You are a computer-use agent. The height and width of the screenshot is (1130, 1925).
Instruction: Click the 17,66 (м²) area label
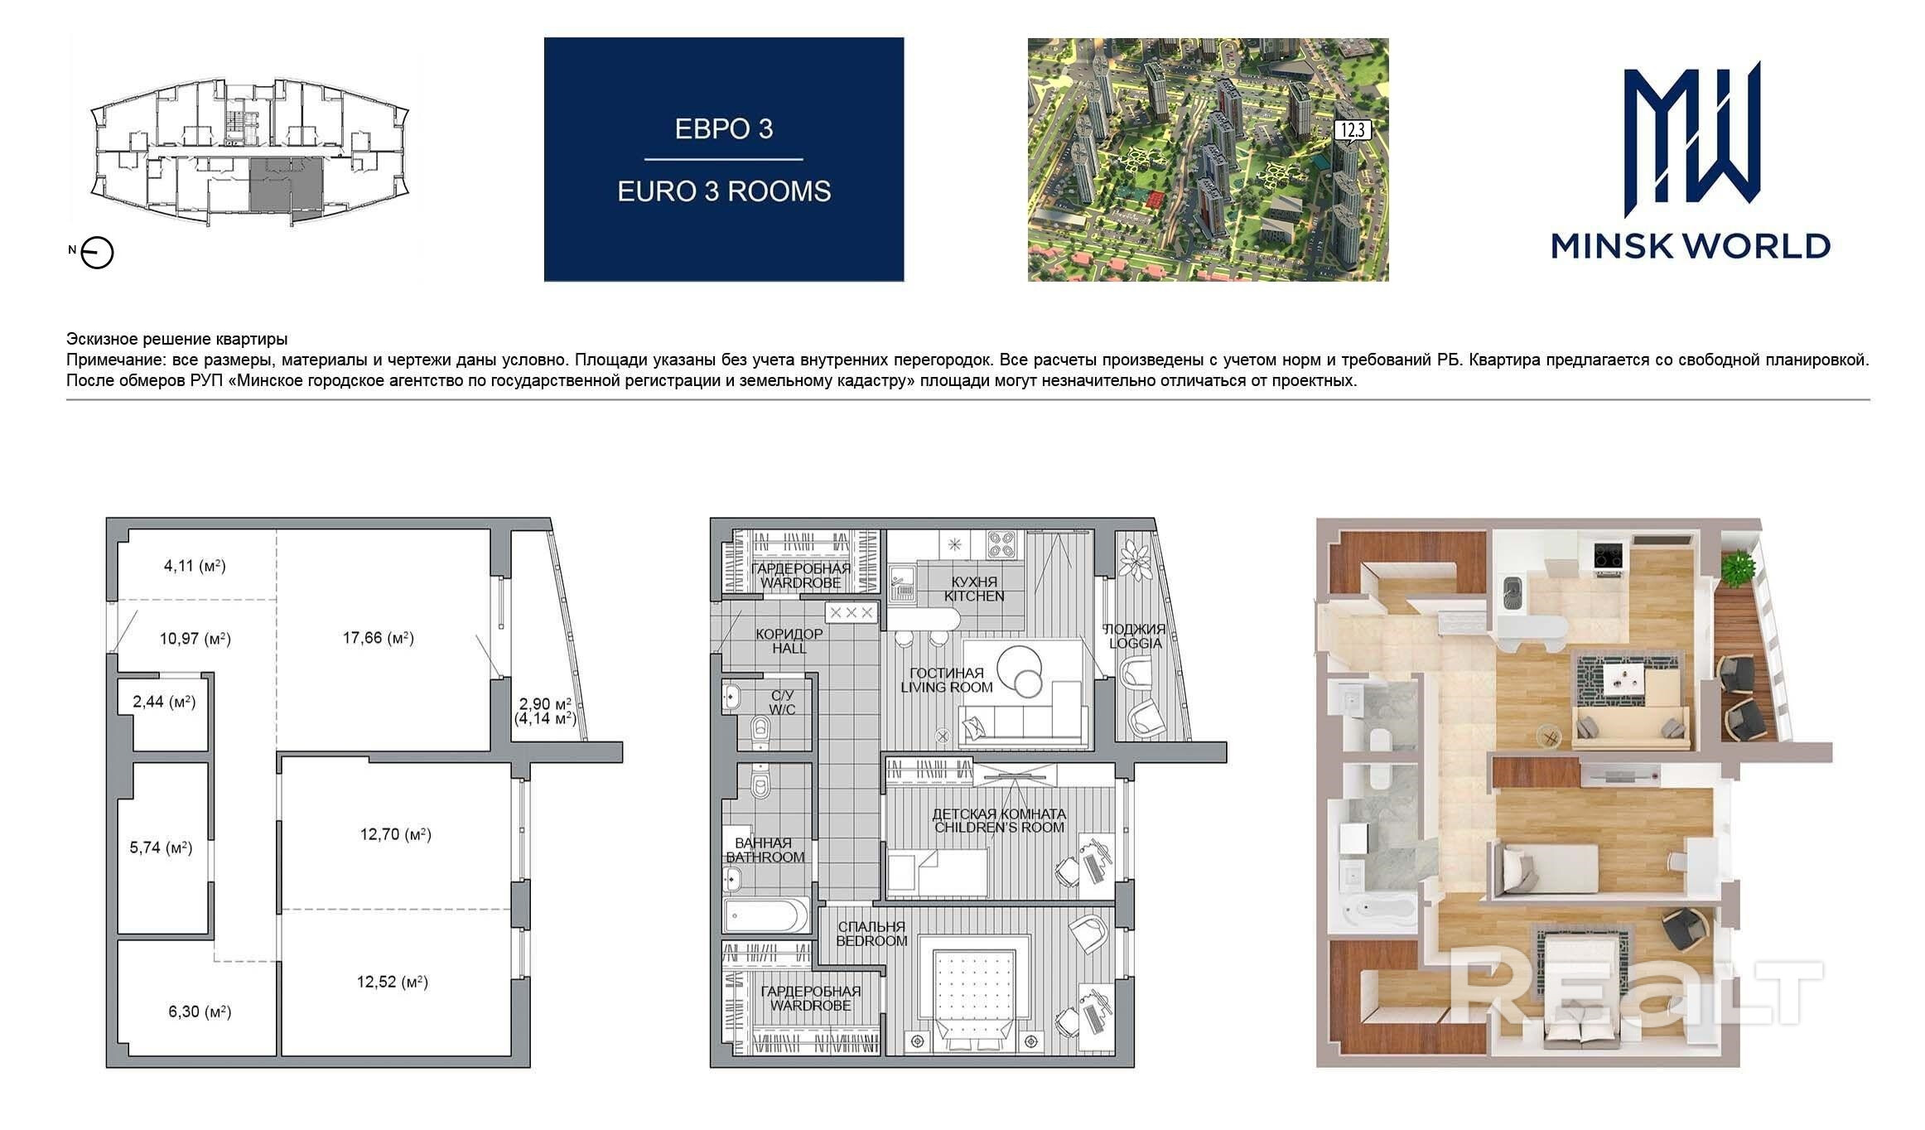(x=379, y=638)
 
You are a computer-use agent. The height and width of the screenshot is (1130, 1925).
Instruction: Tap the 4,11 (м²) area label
(x=195, y=567)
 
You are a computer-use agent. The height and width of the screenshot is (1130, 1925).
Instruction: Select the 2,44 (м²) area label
(x=164, y=703)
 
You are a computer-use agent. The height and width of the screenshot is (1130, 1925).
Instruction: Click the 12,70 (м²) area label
(x=395, y=834)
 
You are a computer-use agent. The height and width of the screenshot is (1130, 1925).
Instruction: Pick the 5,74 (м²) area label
(x=162, y=848)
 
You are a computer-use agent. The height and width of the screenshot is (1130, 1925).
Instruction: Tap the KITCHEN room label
(x=974, y=596)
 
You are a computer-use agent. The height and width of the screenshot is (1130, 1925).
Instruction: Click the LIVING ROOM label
(x=946, y=687)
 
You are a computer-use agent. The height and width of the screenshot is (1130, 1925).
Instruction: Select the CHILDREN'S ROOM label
(x=999, y=828)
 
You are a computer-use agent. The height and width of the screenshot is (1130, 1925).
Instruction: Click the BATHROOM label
(x=765, y=857)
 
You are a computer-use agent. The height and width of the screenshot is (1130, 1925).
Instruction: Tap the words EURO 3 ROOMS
(x=724, y=191)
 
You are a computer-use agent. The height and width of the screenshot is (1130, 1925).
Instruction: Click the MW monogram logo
(x=1691, y=133)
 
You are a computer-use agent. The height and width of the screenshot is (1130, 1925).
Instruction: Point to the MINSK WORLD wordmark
(x=1691, y=246)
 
